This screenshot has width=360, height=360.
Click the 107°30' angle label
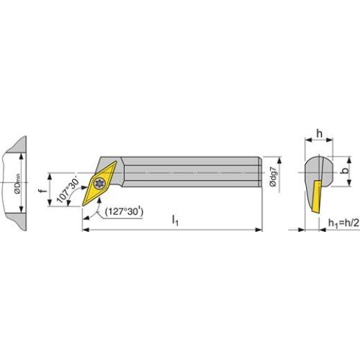coord(68,190)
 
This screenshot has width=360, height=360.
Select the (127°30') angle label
coord(124,211)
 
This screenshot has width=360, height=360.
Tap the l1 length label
coord(175,220)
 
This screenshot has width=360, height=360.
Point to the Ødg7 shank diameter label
coord(273,177)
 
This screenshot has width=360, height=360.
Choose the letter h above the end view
coord(319,134)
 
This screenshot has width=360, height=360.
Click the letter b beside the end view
coord(345,170)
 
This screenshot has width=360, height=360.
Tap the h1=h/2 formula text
coord(344,223)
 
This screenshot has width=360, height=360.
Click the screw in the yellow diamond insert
coord(100,183)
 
